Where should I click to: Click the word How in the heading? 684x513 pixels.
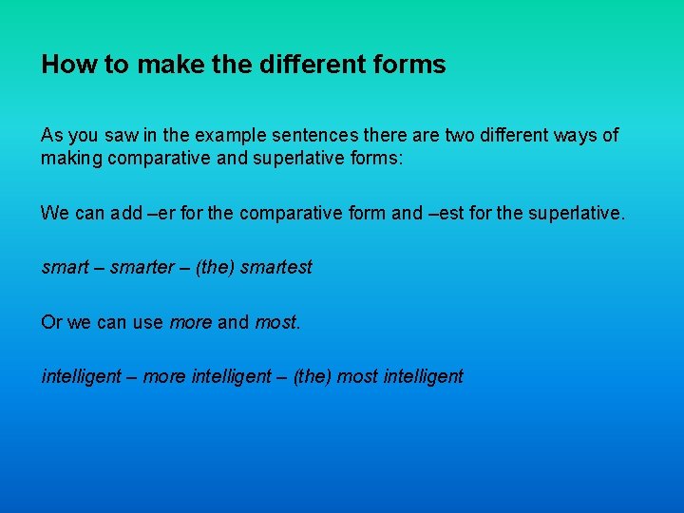[x=62, y=65]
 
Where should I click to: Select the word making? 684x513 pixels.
[x=71, y=158]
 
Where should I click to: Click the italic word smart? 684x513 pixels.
[x=64, y=267]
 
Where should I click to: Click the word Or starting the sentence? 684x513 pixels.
[x=51, y=322]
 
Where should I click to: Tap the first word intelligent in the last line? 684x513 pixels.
[x=82, y=376]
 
